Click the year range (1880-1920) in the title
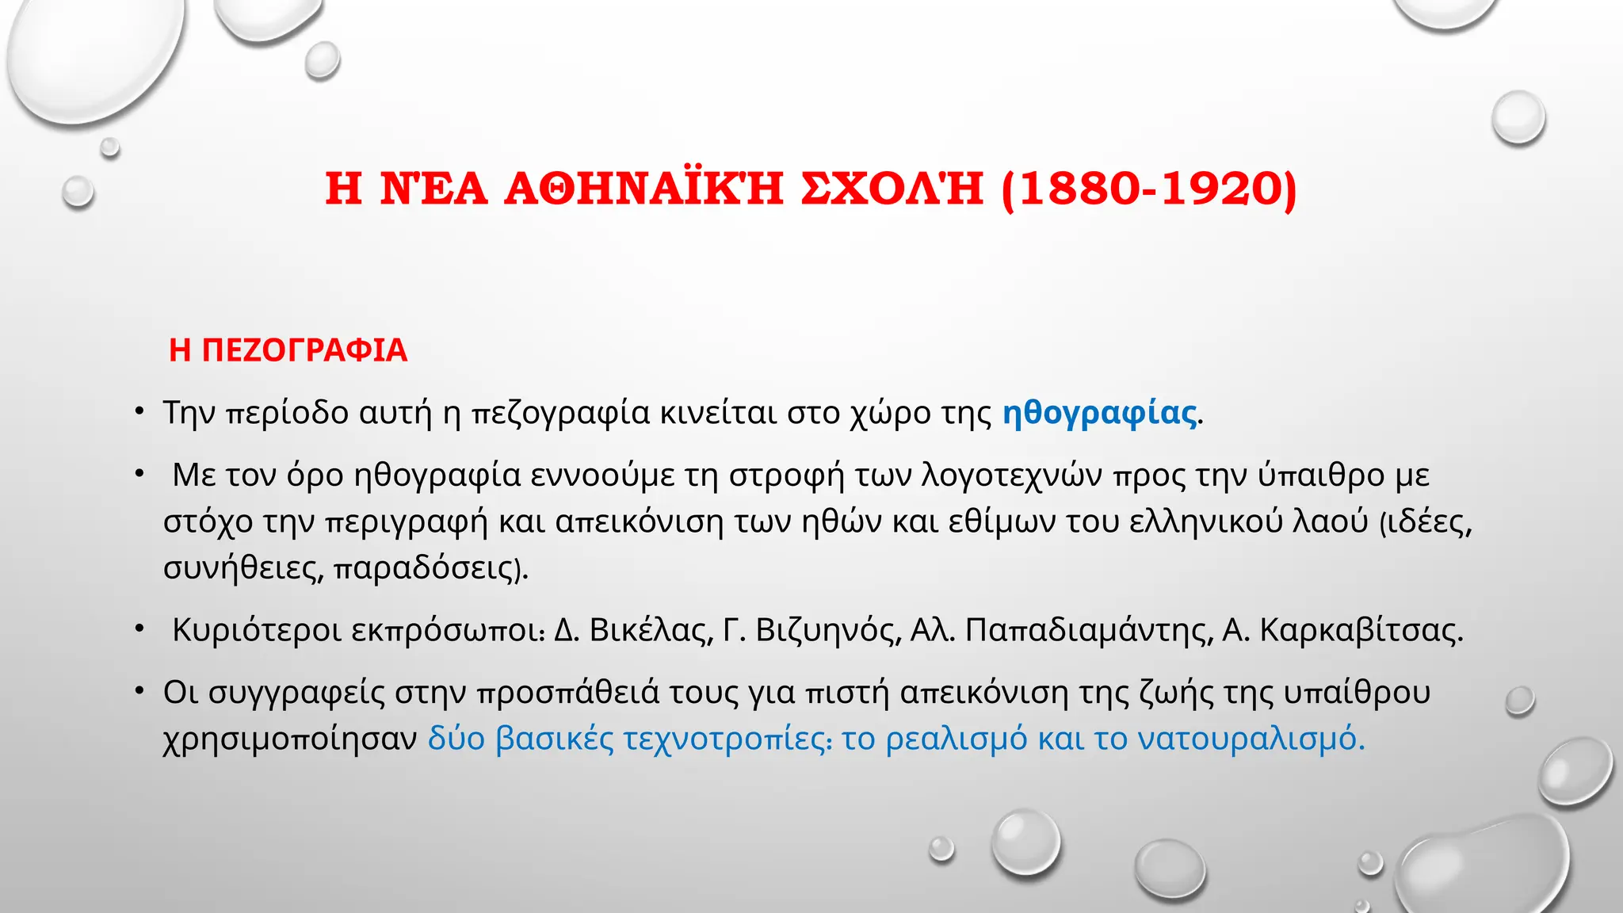(1149, 189)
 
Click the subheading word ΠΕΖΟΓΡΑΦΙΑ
(304, 350)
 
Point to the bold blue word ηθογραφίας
(1099, 413)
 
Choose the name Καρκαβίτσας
(1360, 631)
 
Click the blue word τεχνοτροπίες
(727, 739)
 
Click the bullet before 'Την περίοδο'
(139, 411)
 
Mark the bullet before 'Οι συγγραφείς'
(139, 691)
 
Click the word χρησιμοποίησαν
(290, 739)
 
